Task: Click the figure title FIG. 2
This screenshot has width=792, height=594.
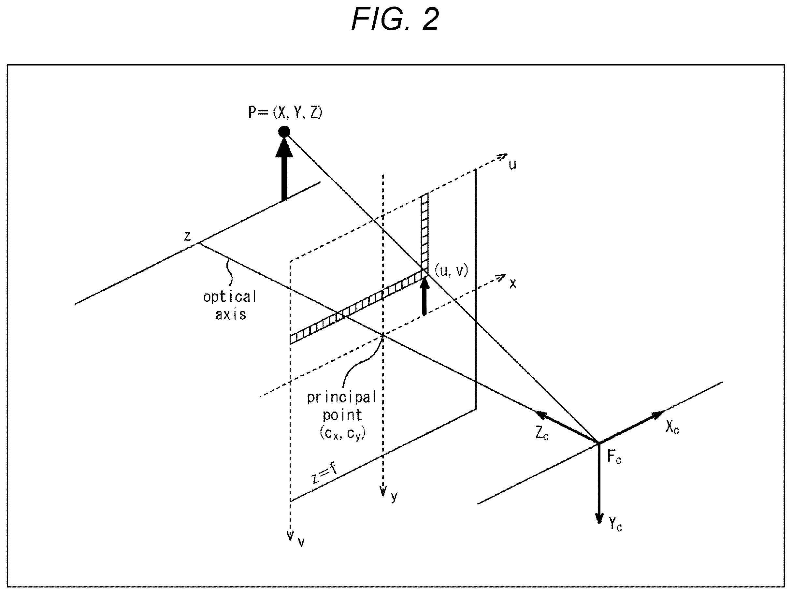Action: pos(395,19)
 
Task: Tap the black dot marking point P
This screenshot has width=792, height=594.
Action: pos(284,132)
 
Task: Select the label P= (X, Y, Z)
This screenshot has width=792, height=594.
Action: pos(285,112)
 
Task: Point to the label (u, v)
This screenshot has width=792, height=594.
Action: pos(451,271)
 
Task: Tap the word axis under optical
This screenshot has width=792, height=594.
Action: pos(231,314)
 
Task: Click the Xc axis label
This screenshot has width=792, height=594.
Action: pos(672,427)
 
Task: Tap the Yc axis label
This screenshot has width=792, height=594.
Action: pos(615,524)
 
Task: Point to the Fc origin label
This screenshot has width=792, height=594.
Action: pos(614,457)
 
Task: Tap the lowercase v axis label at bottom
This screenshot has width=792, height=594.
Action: pos(301,543)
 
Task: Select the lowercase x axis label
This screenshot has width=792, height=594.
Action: pos(513,284)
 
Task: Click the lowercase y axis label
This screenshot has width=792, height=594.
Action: pos(394,497)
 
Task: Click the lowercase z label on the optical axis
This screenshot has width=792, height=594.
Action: pos(187,236)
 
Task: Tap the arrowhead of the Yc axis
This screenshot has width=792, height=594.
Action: pos(599,518)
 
